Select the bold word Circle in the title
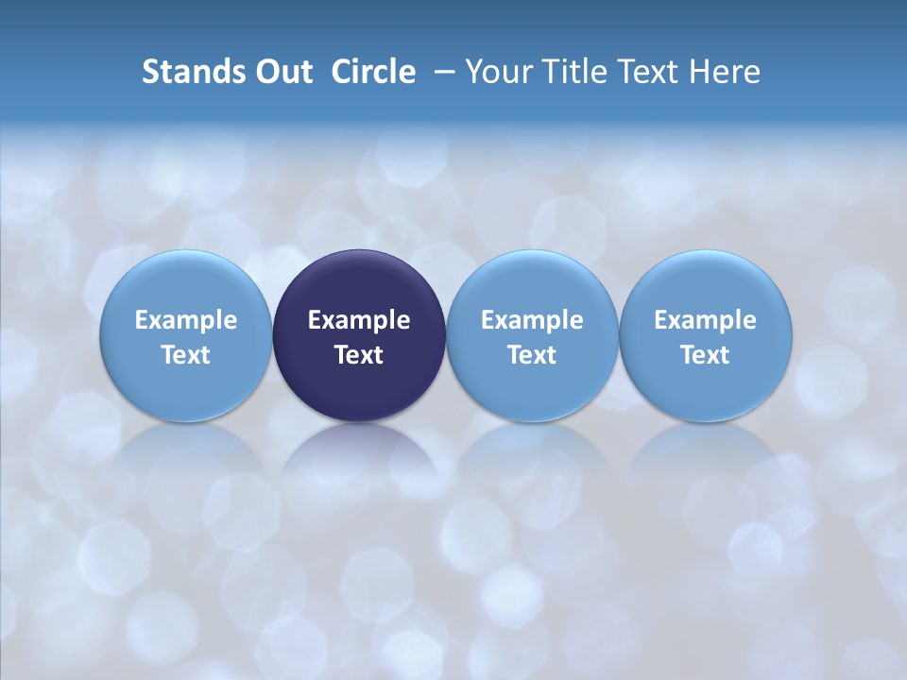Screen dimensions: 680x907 373,72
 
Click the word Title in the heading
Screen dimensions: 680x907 573,72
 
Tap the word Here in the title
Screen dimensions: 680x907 726,72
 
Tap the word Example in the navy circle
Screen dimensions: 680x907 359,320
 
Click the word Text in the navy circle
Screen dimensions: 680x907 359,355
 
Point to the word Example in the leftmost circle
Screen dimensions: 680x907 185,320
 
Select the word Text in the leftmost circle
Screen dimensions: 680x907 185,355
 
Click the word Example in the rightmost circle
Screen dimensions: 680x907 706,320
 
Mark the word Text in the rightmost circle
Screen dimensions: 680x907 706,355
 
